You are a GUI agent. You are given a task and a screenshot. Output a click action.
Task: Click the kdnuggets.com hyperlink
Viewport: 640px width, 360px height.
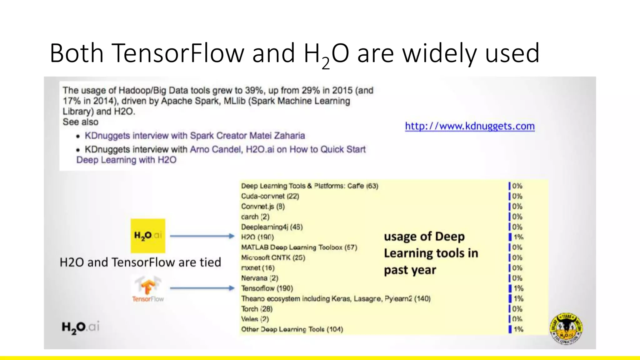(470, 126)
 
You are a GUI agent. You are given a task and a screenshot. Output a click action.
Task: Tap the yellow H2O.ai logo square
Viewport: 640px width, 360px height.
(148, 236)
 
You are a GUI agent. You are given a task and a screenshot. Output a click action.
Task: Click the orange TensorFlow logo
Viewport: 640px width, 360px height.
(147, 286)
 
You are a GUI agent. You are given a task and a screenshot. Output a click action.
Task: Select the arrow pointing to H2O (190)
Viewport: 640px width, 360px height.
(202, 236)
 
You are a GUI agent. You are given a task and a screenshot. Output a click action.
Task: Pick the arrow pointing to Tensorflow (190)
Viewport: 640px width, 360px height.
(202, 288)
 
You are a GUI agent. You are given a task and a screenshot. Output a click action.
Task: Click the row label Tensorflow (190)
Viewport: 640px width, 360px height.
(267, 288)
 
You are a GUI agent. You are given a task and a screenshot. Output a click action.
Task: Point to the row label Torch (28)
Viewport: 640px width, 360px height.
(257, 309)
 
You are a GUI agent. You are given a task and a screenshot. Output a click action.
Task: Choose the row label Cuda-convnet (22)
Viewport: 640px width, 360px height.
(270, 196)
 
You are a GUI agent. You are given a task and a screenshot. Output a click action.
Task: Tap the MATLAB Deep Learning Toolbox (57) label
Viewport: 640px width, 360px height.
(299, 247)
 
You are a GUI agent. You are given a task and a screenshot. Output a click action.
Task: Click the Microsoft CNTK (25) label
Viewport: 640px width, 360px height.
(273, 257)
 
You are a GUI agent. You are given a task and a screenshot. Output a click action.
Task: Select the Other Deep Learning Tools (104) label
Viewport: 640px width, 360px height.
(292, 329)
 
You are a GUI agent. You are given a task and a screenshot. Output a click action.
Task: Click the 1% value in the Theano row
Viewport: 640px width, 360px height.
(518, 298)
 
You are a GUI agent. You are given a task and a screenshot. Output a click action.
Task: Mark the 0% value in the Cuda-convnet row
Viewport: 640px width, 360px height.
(517, 196)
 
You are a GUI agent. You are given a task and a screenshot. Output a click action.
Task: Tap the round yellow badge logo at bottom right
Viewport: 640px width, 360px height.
(566, 328)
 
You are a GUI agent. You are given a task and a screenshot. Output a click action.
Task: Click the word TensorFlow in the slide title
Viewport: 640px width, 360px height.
(177, 53)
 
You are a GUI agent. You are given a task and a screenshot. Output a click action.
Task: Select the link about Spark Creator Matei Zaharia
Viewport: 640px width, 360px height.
(195, 136)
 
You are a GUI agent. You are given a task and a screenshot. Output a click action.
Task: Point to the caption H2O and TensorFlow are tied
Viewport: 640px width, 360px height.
(140, 262)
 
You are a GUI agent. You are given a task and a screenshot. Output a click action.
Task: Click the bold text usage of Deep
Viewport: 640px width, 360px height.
(424, 237)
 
